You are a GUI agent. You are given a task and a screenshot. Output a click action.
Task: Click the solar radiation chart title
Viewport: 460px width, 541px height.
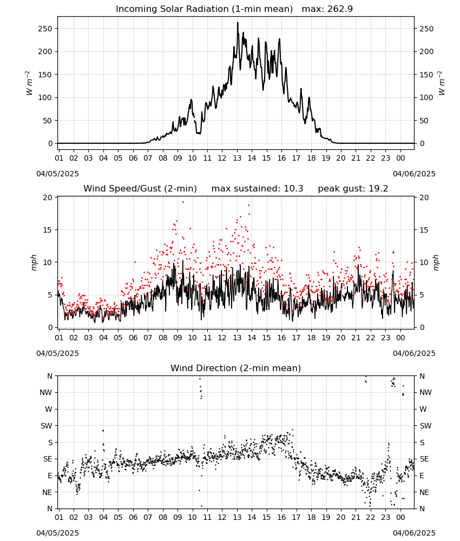[234, 9]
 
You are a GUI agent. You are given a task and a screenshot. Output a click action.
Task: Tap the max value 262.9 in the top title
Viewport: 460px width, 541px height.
[340, 9]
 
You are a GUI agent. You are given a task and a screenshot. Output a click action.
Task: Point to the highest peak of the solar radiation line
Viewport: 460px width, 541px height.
[238, 22]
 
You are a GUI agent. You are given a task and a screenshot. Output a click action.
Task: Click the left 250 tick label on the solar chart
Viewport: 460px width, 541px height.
[45, 29]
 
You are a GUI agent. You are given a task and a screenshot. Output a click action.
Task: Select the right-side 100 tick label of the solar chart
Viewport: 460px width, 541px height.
[426, 97]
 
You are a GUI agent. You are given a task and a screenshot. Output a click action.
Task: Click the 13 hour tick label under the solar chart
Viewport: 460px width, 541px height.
[237, 158]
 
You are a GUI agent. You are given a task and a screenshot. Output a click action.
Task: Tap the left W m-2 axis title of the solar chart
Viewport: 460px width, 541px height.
[29, 83]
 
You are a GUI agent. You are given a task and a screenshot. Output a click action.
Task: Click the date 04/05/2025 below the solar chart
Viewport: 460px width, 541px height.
[57, 174]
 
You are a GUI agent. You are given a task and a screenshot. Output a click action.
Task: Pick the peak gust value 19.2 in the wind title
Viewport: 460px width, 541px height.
[379, 189]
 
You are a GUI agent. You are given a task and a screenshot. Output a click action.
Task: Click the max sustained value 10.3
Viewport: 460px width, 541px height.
[293, 189]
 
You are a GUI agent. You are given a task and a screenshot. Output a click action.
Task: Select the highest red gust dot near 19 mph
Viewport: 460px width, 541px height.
[183, 202]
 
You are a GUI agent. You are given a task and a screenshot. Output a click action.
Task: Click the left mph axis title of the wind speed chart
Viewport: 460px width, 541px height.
[34, 262]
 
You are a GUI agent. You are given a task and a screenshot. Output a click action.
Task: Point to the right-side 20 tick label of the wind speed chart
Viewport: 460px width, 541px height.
[424, 197]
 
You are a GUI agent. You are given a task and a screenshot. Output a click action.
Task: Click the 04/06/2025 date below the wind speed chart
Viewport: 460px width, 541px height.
[414, 353]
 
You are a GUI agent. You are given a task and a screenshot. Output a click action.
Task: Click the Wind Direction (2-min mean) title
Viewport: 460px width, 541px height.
[236, 368]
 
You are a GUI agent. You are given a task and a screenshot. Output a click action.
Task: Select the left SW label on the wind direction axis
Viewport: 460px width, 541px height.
[46, 426]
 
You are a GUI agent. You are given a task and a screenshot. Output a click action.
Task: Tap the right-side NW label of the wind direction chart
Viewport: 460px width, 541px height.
[425, 393]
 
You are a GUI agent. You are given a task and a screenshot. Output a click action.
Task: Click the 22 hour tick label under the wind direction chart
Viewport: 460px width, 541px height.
[370, 517]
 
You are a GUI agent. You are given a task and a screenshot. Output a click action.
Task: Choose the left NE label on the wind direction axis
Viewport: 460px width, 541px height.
[47, 493]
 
